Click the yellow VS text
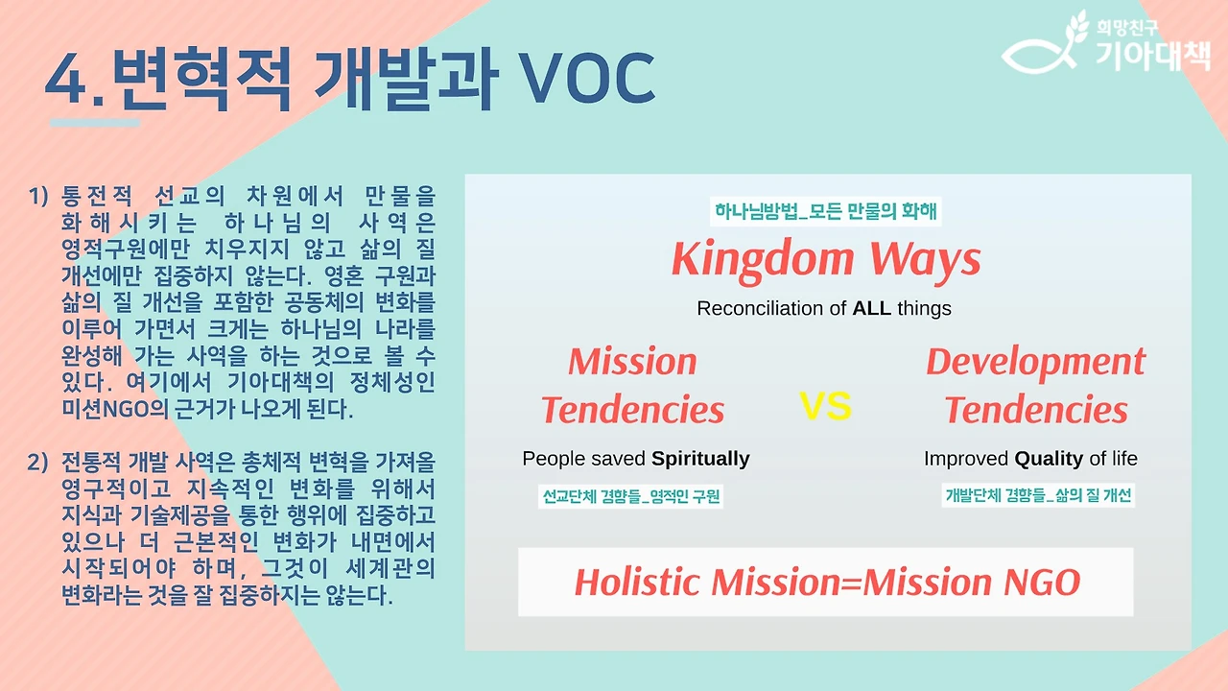826,406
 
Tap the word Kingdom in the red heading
763,260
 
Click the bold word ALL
872,308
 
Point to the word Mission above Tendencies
632,362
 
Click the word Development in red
1035,363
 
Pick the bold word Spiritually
700,459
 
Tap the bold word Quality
1049,459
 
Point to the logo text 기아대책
1153,55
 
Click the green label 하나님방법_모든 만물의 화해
826,211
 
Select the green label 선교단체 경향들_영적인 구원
630,496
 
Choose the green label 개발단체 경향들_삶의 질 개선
1038,495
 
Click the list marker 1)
38,196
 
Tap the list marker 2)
37,463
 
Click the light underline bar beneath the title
95,123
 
